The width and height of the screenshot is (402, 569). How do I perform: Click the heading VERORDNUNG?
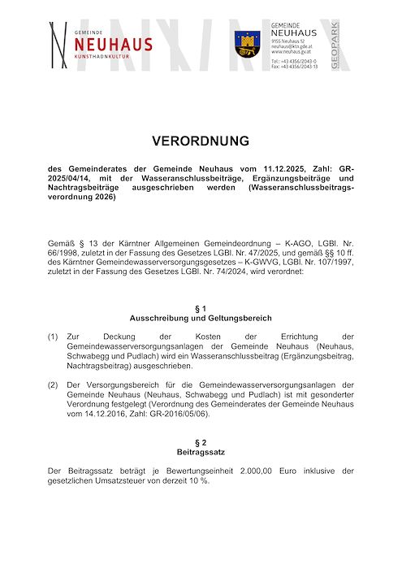click(200, 141)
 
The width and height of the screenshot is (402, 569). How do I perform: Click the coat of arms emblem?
click(245, 41)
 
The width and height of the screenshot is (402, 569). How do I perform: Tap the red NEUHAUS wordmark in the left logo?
click(112, 44)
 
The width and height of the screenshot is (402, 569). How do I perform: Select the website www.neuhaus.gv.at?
click(289, 52)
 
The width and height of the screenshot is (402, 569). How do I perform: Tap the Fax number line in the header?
click(294, 67)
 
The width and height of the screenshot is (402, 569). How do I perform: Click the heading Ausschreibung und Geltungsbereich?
click(200, 318)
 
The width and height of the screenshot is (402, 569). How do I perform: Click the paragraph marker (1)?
click(53, 337)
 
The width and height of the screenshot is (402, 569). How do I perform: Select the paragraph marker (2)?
click(53, 384)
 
